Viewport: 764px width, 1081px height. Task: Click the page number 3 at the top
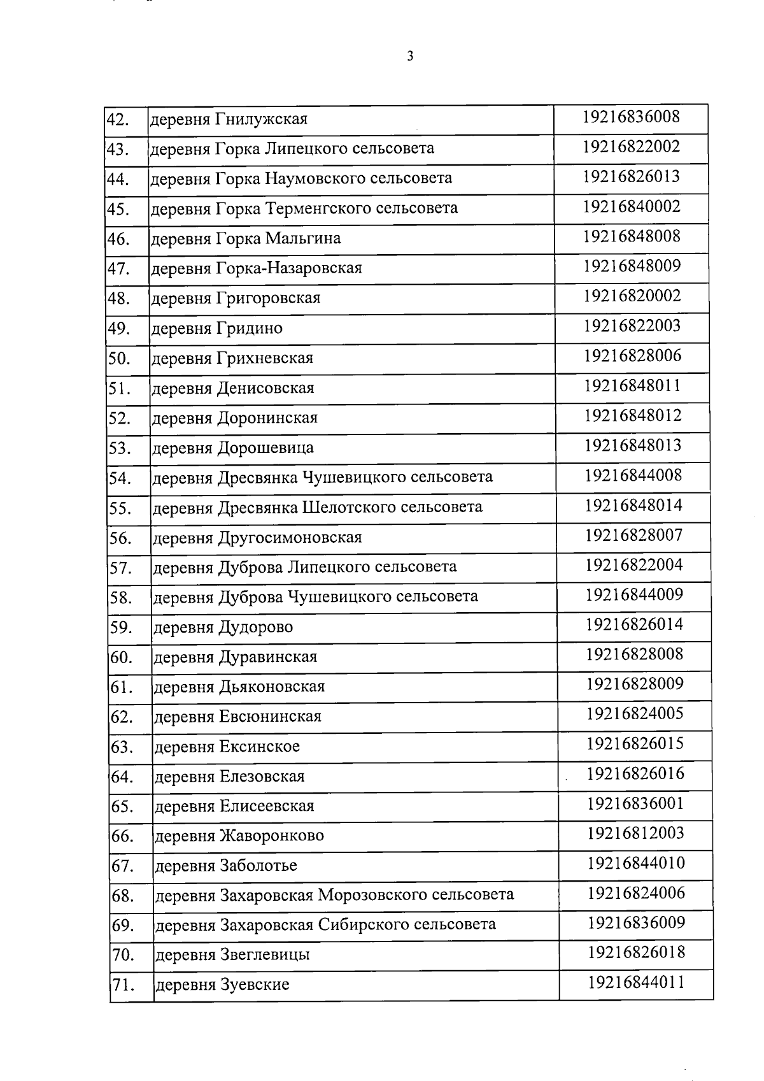[410, 57]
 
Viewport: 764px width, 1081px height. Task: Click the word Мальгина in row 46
[303, 238]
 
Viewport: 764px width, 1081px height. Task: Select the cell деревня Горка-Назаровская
[257, 268]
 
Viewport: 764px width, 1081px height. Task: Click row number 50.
[119, 359]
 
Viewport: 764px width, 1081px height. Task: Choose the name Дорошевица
[266, 448]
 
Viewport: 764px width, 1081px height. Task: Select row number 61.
[121, 687]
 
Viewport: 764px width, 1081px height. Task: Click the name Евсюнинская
[271, 717]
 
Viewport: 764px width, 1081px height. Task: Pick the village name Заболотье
[258, 866]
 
